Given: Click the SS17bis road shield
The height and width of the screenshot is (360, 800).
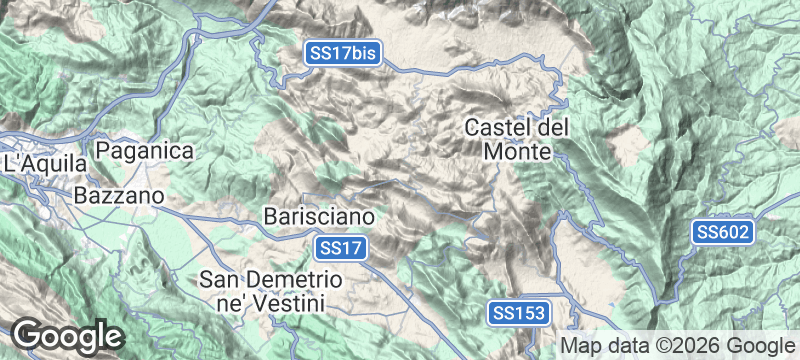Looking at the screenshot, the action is [344, 54].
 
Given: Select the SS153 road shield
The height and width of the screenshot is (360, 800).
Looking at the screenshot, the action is [519, 313].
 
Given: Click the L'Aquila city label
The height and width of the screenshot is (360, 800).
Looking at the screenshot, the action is [39, 162].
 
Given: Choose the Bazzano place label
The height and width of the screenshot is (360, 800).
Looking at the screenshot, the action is [118, 197].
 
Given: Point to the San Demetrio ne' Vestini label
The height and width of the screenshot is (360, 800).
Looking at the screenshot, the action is [272, 288].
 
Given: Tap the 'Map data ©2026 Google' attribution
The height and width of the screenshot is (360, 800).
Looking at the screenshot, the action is [675, 345].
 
